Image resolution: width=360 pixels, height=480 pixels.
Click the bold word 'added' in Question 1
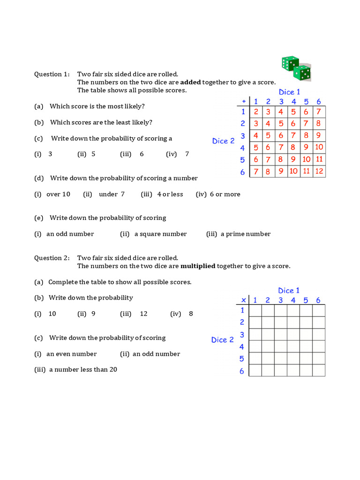click(x=190, y=82)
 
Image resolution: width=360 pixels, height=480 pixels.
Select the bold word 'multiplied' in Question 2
click(x=198, y=266)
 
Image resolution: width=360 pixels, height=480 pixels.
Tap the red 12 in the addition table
click(x=319, y=171)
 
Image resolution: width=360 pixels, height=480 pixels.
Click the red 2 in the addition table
click(x=256, y=112)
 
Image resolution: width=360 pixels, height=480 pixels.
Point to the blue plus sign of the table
click(x=243, y=101)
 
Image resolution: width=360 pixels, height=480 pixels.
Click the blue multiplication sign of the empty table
click(x=243, y=300)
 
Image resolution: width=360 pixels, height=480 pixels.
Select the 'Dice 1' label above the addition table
click(x=289, y=92)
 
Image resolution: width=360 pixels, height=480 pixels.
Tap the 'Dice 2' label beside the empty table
click(x=222, y=340)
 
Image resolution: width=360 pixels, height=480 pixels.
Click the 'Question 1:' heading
click(x=52, y=74)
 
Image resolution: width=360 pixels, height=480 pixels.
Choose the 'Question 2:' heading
click(x=52, y=258)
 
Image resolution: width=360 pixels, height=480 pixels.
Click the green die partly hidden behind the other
click(x=289, y=63)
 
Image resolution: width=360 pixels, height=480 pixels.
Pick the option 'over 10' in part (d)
click(x=58, y=194)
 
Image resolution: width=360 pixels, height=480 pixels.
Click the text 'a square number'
click(x=160, y=234)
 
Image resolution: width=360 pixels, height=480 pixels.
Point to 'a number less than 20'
click(x=83, y=369)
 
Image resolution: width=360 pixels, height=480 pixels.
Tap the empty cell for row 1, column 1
click(x=255, y=310)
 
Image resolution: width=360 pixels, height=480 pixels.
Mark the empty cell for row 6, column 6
click(x=319, y=370)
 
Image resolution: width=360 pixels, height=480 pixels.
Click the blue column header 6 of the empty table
click(x=318, y=300)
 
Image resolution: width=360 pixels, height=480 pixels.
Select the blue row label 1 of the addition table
click(x=243, y=112)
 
